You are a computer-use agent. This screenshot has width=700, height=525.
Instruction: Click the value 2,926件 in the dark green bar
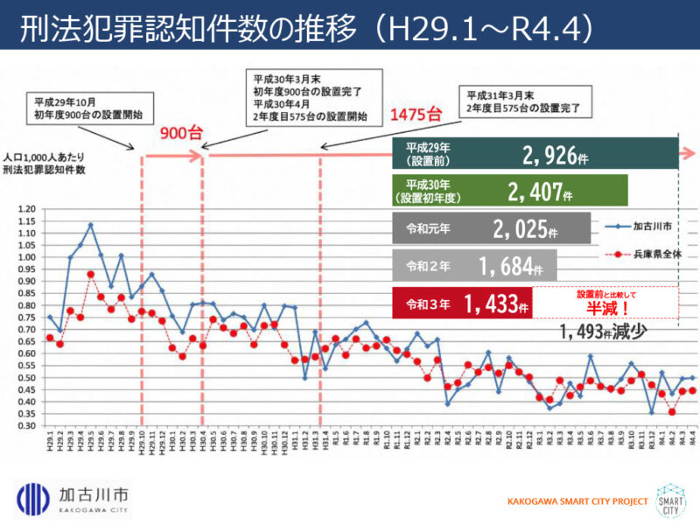pos(554,156)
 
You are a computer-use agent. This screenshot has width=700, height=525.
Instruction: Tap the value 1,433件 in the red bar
pos(495,304)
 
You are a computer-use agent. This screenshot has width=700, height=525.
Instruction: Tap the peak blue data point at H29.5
pos(90,225)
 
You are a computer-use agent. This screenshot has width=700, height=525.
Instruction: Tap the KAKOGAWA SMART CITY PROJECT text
pos(577,501)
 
